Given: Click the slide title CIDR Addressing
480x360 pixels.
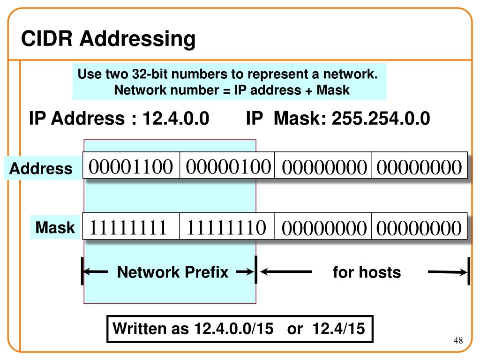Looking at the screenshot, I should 108,39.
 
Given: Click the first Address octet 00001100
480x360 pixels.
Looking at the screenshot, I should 132,166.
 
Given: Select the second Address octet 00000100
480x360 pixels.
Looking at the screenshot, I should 228,166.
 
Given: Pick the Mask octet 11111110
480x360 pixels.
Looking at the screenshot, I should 226,228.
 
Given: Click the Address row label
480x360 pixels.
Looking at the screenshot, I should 41,168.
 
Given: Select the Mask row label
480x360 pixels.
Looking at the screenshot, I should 55,228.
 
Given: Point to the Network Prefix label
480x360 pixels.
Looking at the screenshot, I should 172,272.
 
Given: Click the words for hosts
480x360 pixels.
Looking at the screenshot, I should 367,272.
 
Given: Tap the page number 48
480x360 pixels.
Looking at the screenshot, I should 458,340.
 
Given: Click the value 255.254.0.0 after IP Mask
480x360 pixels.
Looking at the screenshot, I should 381,119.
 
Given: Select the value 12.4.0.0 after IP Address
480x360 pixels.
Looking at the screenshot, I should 176,119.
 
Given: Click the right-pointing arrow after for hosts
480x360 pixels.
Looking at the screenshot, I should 448,272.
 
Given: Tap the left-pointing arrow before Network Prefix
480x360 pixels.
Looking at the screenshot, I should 97,272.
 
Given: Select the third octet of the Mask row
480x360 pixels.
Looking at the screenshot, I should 323,229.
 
